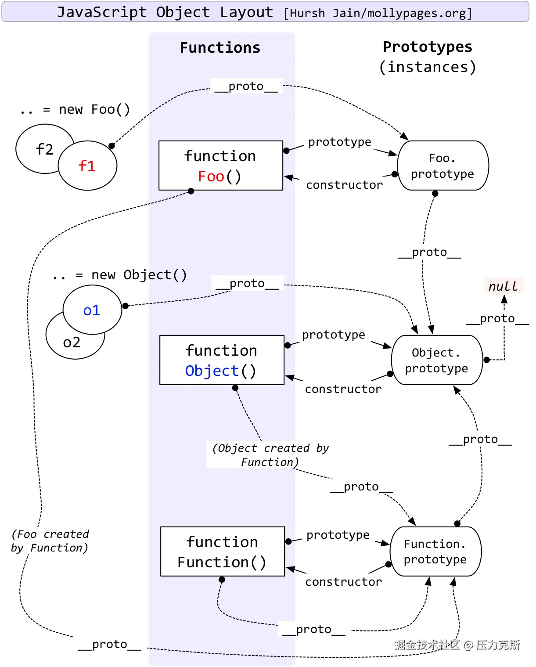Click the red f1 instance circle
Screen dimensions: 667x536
[x=87, y=166]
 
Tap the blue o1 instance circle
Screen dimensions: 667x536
[x=92, y=310]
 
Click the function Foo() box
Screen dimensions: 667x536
[x=220, y=166]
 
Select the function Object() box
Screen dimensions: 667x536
[x=222, y=360]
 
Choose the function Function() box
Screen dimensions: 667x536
[x=222, y=552]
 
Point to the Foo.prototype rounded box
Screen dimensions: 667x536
[x=442, y=166]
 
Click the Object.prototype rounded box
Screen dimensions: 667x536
[x=436, y=360]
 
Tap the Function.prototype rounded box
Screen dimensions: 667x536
[x=435, y=552]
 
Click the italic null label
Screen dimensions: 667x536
[x=503, y=286]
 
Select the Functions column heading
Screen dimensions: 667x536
[x=220, y=47]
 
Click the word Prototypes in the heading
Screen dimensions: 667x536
[x=427, y=47]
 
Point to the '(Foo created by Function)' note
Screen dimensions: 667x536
[x=50, y=541]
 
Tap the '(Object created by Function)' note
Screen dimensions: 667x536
[x=270, y=455]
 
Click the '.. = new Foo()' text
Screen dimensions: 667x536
[x=75, y=109]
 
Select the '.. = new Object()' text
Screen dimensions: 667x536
[x=119, y=275]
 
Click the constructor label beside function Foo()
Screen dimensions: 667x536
[x=344, y=185]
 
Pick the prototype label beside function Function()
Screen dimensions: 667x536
[x=338, y=535]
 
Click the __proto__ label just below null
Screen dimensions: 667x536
[x=497, y=318]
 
